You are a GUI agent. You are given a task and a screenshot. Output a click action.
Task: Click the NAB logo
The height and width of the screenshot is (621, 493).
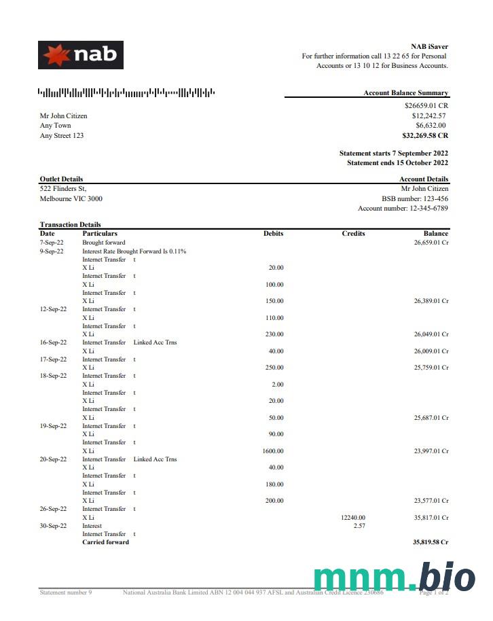(80, 55)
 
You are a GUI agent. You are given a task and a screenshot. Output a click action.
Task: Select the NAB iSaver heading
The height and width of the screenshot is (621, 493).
(429, 46)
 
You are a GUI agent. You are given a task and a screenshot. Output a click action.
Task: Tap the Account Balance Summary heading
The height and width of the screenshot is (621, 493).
(405, 93)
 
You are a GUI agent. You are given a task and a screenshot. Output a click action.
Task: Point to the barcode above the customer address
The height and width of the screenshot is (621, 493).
(126, 92)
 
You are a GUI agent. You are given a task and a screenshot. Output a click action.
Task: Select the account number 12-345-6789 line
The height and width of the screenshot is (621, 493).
(403, 209)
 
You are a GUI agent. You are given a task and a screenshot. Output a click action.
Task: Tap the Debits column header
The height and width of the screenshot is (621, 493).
(273, 233)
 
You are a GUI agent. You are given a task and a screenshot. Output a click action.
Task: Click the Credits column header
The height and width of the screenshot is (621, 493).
(353, 233)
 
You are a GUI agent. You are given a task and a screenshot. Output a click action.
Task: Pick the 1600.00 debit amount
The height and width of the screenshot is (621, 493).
(273, 451)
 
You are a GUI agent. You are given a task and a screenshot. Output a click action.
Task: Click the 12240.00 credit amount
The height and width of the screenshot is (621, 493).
(352, 517)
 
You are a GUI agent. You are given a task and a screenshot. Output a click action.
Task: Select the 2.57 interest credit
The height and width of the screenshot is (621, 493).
(359, 526)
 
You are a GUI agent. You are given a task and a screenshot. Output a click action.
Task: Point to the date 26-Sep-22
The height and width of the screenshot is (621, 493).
(53, 509)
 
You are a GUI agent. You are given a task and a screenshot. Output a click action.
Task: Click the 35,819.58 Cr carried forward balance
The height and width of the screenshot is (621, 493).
(431, 542)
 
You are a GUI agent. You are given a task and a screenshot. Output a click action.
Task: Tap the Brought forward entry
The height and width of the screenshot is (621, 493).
(104, 242)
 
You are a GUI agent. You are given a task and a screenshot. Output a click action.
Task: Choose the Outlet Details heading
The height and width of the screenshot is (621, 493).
(61, 179)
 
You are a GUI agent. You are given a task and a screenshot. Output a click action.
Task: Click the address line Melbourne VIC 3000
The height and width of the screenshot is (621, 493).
(71, 198)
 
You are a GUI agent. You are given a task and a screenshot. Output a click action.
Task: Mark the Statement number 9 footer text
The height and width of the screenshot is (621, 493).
(66, 592)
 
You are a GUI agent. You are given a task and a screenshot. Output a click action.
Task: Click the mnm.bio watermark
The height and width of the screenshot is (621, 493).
(395, 579)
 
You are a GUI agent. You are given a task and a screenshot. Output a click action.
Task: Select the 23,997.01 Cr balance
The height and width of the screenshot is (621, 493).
(431, 451)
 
